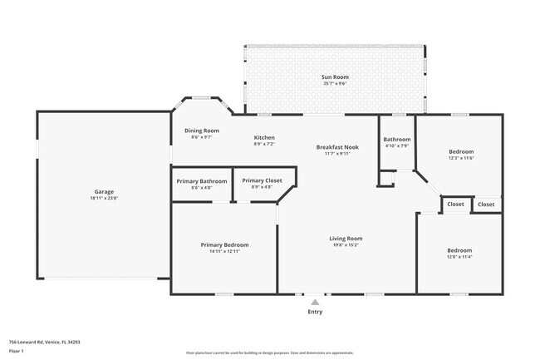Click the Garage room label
(104, 192)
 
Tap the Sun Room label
(334, 77)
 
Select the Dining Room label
(201, 131)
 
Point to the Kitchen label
(264, 138)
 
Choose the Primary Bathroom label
(202, 180)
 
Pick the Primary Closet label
(262, 180)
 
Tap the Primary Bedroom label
(224, 245)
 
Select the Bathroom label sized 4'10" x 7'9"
(396, 140)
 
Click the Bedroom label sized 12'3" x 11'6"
(461, 151)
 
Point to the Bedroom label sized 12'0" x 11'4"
(459, 250)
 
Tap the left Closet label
(455, 205)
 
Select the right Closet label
(486, 205)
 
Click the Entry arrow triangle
(315, 303)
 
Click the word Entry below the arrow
(315, 313)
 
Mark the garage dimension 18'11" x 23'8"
(104, 199)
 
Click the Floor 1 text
(16, 351)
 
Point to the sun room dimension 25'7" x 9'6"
(334, 84)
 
